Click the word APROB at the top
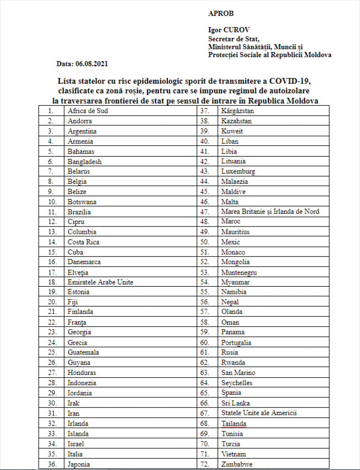pyautogui.click(x=221, y=14)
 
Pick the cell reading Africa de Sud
pyautogui.click(x=88, y=110)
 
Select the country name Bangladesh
pyautogui.click(x=85, y=161)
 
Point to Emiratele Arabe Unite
pyautogui.click(x=100, y=282)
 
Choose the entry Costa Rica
pyautogui.click(x=84, y=242)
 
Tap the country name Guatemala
pyautogui.click(x=83, y=352)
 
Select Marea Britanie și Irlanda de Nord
pyautogui.click(x=270, y=212)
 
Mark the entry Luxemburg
pyautogui.click(x=238, y=172)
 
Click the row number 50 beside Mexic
pyautogui.click(x=205, y=242)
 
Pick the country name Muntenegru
pyautogui.click(x=239, y=272)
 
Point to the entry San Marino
pyautogui.click(x=238, y=373)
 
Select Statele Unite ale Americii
pyautogui.click(x=259, y=413)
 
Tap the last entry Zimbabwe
pyautogui.click(x=237, y=464)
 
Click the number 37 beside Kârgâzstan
pyautogui.click(x=205, y=110)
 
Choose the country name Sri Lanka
pyautogui.click(x=235, y=403)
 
